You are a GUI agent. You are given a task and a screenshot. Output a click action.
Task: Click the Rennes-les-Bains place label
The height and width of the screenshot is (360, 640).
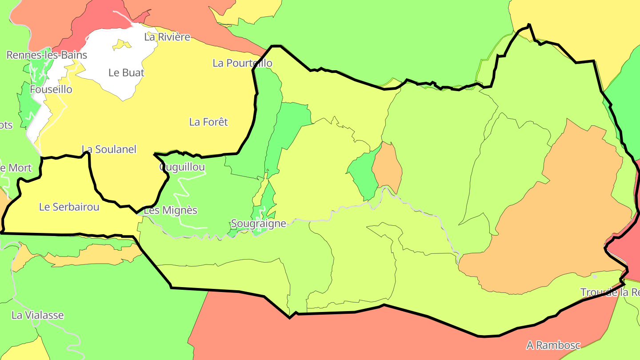click(x=47, y=55)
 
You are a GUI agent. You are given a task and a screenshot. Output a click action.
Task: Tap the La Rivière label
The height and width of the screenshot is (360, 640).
click(x=167, y=37)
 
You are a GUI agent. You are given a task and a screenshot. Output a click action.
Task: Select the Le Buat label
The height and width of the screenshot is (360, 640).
click(x=126, y=72)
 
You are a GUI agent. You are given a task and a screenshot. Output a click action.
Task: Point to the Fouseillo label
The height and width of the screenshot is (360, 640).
click(x=51, y=89)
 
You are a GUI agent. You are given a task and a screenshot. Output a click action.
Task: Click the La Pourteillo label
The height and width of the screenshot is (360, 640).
click(x=242, y=63)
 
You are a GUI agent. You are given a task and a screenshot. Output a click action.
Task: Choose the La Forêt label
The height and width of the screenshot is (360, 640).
click(x=208, y=122)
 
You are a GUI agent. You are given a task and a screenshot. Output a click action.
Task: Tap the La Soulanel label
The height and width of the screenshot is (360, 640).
click(x=109, y=149)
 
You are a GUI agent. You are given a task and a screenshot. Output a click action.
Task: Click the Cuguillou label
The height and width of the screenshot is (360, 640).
click(x=182, y=167)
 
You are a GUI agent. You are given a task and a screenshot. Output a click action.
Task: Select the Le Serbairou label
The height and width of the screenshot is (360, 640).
click(x=69, y=207)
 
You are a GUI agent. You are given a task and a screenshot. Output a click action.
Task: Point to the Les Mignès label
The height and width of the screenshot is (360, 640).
click(x=171, y=210)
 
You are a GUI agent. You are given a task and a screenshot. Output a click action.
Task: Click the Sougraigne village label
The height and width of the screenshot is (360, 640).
click(x=259, y=223)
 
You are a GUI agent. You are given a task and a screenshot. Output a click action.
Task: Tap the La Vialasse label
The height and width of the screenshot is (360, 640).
click(x=38, y=315)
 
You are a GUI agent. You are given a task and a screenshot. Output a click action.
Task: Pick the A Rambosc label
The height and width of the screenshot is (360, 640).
click(x=553, y=345)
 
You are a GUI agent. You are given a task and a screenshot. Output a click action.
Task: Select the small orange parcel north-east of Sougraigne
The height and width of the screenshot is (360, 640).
click(x=388, y=169)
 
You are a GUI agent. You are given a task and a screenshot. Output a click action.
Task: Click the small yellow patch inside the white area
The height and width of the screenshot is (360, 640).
click(x=121, y=45)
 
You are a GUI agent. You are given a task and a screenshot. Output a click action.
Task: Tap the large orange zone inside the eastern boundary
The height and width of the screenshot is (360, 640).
click(x=556, y=222)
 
